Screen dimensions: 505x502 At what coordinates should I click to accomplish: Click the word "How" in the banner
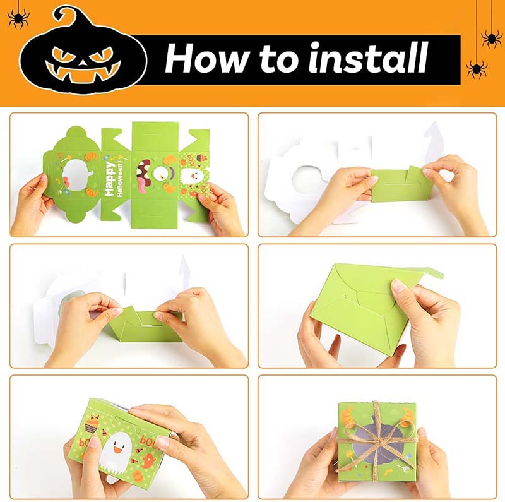coord(207,58)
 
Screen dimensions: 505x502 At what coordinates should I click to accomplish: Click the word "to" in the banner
coord(278,59)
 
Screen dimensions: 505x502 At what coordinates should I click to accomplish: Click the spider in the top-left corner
coord(18,18)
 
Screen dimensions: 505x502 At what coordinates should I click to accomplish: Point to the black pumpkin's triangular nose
coord(83,62)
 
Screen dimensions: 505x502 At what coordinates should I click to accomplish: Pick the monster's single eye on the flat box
coord(160,174)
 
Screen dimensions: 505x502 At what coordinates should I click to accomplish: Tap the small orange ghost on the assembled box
coord(149,460)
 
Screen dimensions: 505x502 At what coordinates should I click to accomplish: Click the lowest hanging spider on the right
coord(477,69)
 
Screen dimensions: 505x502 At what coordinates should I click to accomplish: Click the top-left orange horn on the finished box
coord(348,417)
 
